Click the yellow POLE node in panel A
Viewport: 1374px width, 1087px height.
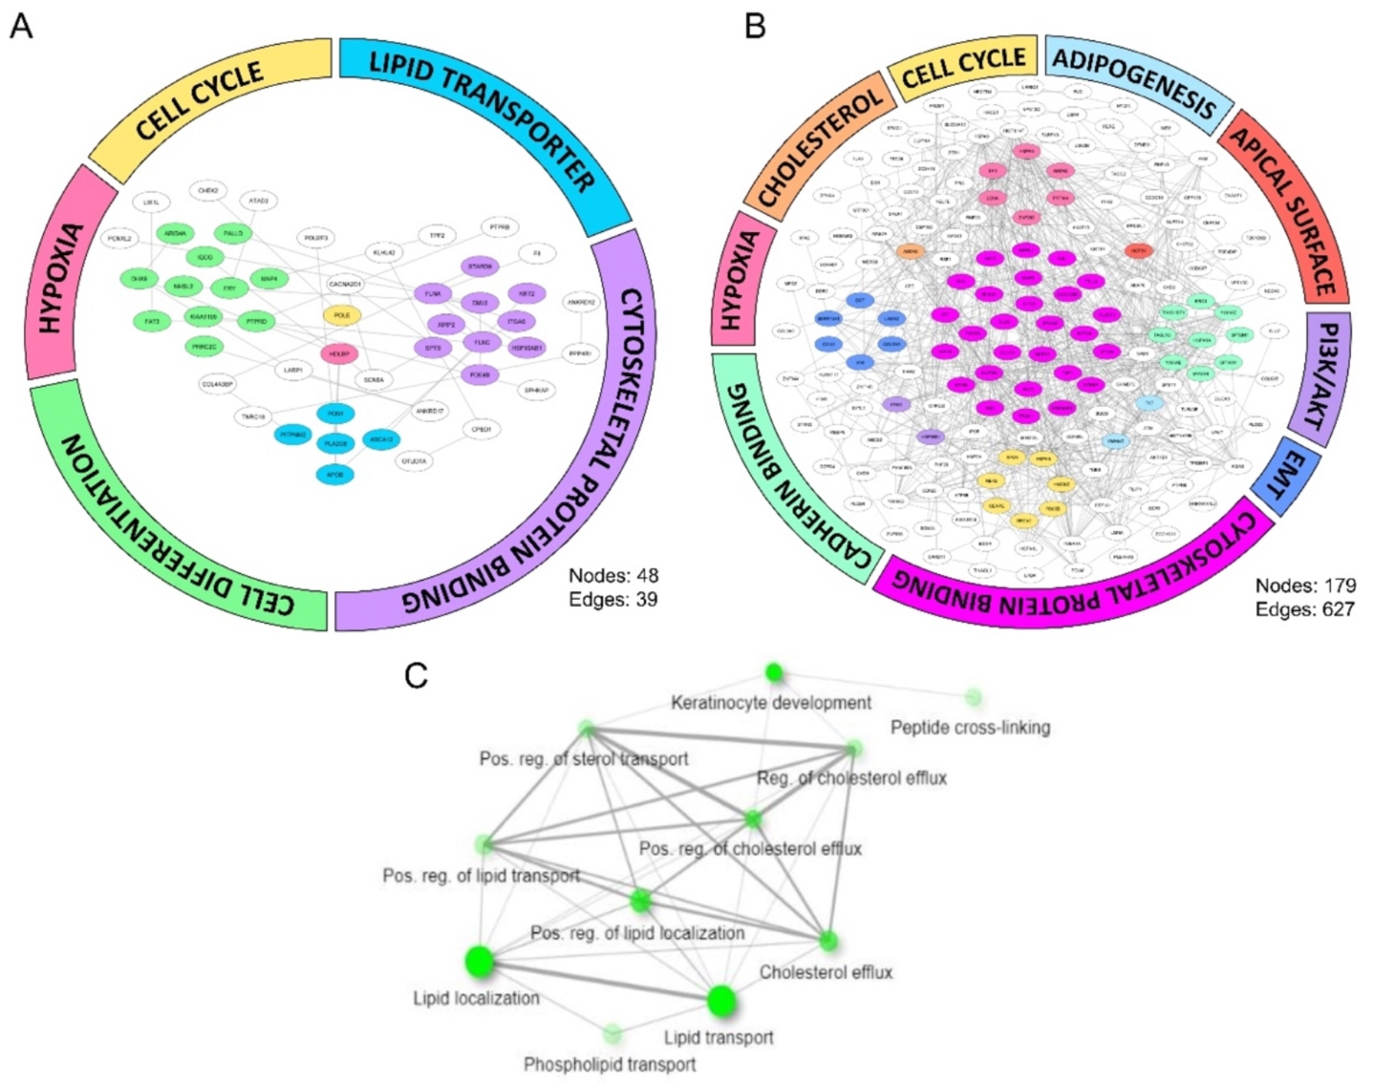pyautogui.click(x=341, y=315)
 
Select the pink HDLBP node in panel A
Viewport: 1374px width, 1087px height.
pyautogui.click(x=339, y=354)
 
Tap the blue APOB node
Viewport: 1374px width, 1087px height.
pyautogui.click(x=335, y=475)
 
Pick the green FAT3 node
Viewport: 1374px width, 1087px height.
pyautogui.click(x=152, y=321)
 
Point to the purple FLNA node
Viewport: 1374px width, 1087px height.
pyautogui.click(x=433, y=294)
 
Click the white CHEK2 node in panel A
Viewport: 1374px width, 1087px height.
pyautogui.click(x=208, y=191)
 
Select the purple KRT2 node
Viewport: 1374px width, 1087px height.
pyautogui.click(x=526, y=293)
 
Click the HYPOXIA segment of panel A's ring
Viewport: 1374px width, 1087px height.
pyautogui.click(x=66, y=274)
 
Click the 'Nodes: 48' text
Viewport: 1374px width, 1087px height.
pyautogui.click(x=613, y=575)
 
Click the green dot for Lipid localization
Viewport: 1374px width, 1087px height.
pyautogui.click(x=480, y=962)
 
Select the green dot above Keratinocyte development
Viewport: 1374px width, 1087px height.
pyautogui.click(x=774, y=673)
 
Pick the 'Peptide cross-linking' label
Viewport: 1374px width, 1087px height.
pyautogui.click(x=970, y=728)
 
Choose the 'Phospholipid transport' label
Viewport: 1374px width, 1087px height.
pyautogui.click(x=609, y=1064)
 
